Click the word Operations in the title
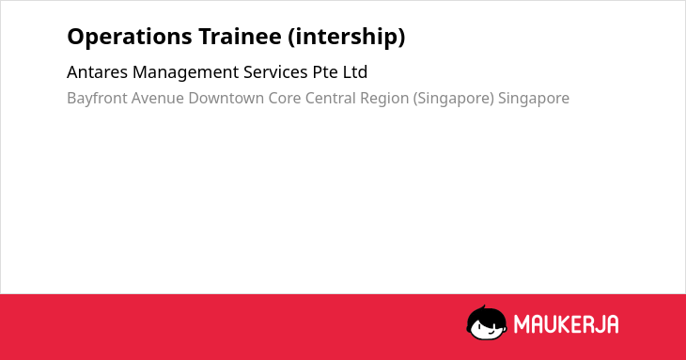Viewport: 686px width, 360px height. [130, 38]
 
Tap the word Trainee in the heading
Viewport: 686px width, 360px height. [240, 37]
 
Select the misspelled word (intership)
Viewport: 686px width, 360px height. [347, 38]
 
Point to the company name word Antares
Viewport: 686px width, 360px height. [97, 72]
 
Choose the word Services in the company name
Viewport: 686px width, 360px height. [275, 72]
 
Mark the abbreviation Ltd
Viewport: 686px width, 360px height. [355, 72]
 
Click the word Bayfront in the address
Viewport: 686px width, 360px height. [97, 99]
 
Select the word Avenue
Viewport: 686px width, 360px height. [158, 99]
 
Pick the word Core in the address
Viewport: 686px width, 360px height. [285, 99]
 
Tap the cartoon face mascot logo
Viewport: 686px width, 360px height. [487, 323]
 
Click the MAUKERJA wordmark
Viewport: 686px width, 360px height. [566, 324]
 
